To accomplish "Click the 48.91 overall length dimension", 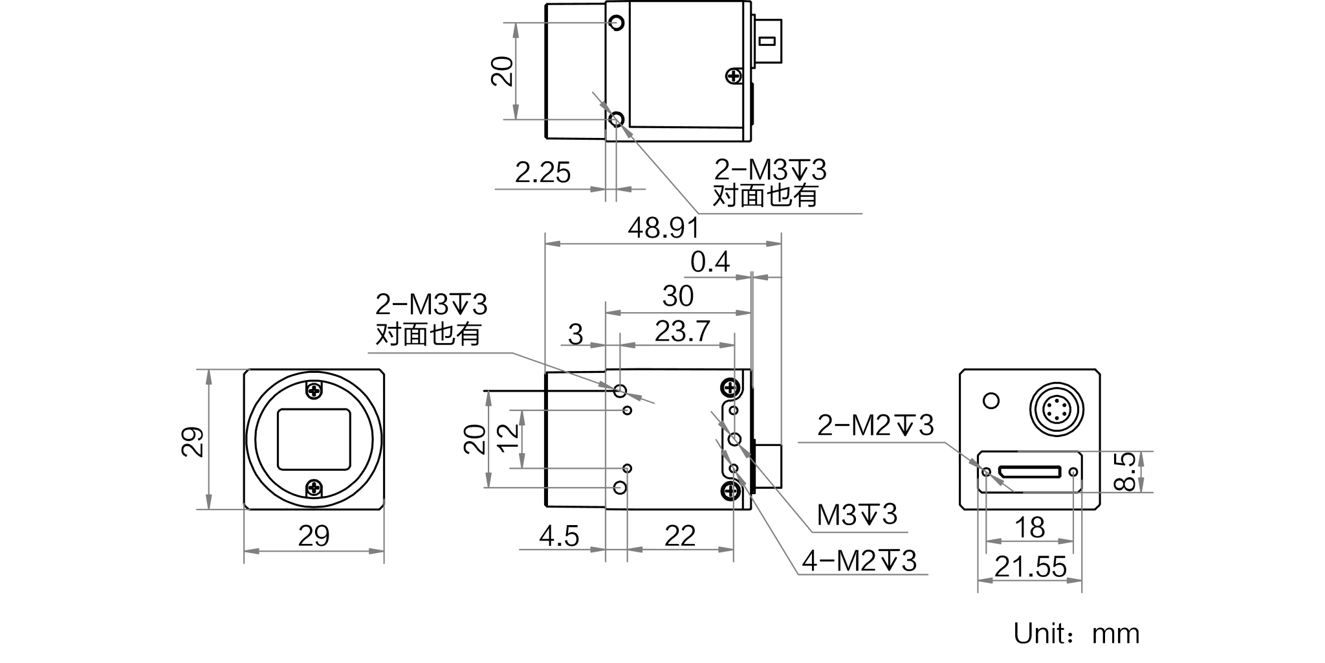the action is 664,228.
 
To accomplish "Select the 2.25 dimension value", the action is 543,173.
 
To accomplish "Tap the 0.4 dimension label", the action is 710,262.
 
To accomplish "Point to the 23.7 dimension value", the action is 683,331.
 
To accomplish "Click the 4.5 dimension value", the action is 559,537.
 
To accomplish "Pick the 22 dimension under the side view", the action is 679,536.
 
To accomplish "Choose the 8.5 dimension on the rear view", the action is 1126,471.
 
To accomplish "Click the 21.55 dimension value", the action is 1030,567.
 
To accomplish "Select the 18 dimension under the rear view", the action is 1029,528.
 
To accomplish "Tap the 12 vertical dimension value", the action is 509,436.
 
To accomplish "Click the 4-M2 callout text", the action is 859,561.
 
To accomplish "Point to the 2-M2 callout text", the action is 875,425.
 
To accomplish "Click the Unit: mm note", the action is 1077,634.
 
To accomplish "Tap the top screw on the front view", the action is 314,390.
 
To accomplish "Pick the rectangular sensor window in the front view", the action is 314,439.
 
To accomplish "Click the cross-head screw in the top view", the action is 733,76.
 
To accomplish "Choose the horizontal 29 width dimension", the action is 314,536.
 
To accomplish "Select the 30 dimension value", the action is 678,297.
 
